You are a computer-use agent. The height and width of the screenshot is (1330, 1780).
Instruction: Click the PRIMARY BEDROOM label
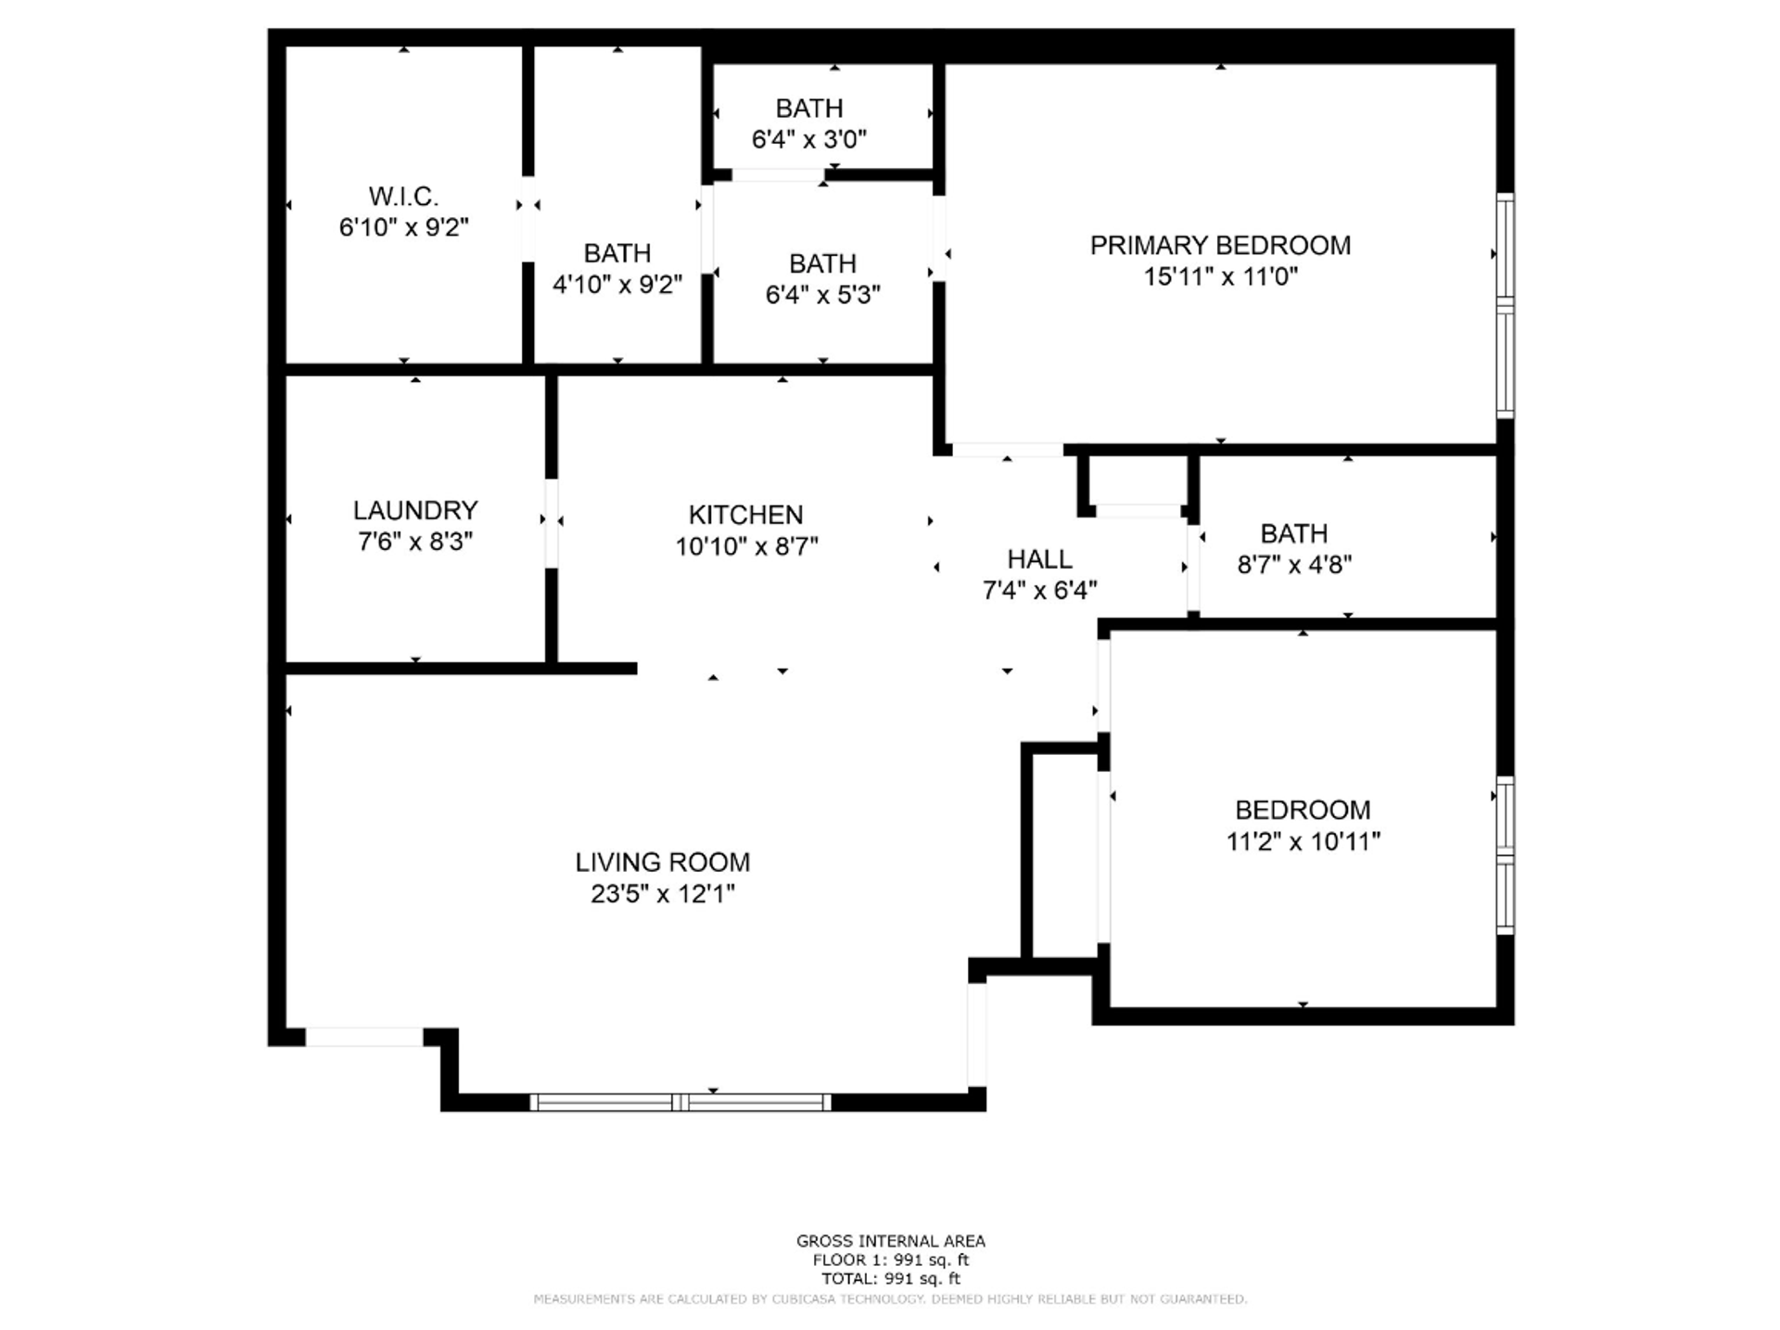[1220, 245]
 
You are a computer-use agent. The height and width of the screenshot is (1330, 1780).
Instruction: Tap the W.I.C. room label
[403, 197]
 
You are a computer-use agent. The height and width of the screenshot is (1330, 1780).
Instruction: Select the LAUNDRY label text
[415, 510]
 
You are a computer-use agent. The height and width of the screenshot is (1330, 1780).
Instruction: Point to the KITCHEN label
[745, 515]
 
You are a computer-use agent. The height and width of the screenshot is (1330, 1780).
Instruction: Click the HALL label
[1039, 559]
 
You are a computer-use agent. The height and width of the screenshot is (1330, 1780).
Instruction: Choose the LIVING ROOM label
[663, 863]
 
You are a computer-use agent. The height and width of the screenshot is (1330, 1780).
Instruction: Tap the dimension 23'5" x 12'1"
[663, 894]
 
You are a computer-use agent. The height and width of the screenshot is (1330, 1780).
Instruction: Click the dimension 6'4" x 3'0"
[809, 139]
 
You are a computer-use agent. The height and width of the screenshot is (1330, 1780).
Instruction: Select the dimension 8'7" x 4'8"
[1294, 564]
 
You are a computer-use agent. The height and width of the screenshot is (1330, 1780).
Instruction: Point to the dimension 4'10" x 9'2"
[617, 284]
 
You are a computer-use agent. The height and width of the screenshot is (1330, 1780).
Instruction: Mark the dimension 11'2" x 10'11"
[1303, 841]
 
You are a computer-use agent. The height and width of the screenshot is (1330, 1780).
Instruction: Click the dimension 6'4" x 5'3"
[823, 295]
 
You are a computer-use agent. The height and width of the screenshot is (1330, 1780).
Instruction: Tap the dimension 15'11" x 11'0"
[1220, 276]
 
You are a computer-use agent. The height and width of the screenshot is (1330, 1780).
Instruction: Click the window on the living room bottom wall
[680, 1102]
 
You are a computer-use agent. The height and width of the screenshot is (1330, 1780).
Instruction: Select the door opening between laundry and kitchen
[552, 522]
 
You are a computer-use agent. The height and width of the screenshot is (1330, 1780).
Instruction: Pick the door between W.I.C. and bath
[528, 219]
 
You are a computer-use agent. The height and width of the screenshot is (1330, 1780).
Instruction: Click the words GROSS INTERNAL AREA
[891, 1241]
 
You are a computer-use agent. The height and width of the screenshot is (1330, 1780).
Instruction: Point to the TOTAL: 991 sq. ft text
[891, 1279]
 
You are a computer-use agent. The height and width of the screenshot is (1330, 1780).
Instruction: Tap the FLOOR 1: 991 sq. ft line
[891, 1260]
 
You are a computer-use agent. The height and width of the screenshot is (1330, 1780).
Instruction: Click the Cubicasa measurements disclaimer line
[891, 1299]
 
